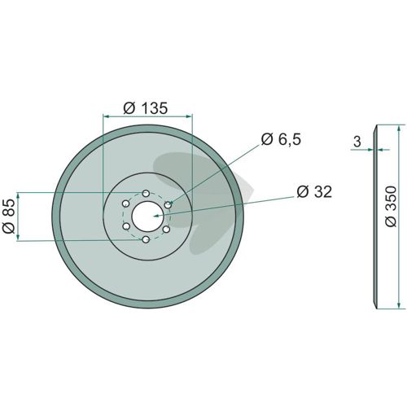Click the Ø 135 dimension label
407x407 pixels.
[146, 108]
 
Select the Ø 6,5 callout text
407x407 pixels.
[281, 139]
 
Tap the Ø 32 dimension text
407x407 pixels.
[314, 191]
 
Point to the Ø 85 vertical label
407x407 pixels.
[9, 217]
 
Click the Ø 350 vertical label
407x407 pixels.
[391, 206]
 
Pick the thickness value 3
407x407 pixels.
[357, 142]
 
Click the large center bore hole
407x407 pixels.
[147, 217]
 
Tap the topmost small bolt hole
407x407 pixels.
[146, 194]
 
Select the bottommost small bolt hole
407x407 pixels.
[146, 239]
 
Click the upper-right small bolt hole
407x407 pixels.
[168, 205]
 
